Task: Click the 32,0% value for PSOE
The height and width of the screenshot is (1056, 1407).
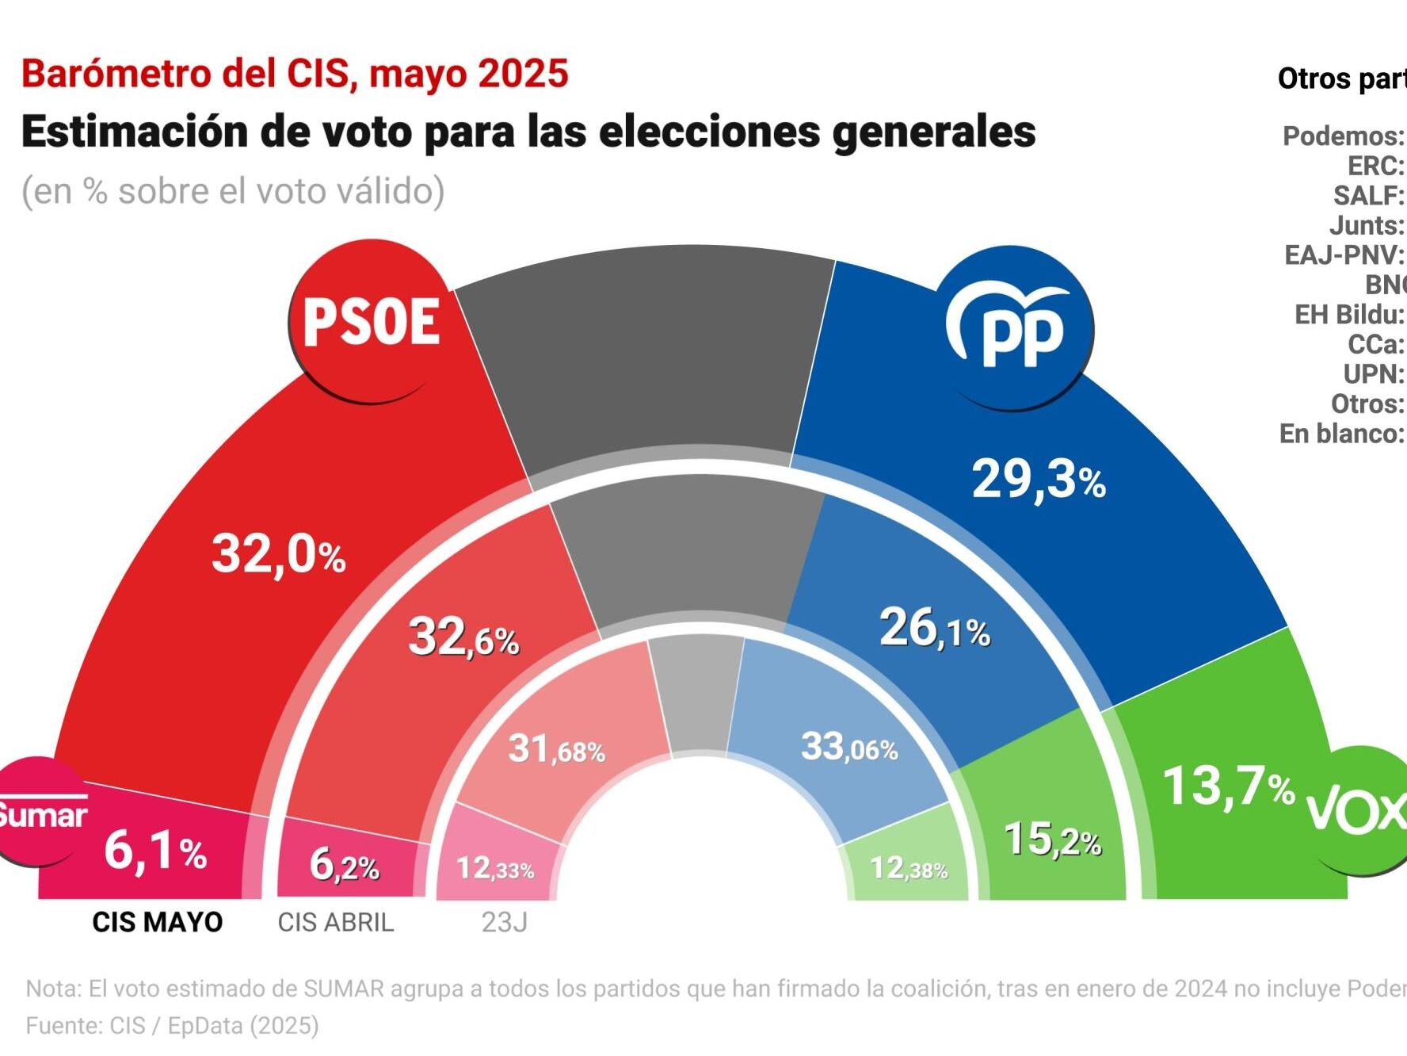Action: point(278,553)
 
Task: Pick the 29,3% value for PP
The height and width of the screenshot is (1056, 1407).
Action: point(1038,480)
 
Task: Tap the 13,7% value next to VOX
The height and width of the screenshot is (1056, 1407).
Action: point(1228,786)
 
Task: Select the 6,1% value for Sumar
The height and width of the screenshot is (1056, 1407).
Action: point(155,851)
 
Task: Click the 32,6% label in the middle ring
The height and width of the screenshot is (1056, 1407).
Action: point(463,637)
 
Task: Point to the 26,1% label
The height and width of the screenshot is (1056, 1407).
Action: point(935,629)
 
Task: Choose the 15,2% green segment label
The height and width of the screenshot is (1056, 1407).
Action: point(1052,840)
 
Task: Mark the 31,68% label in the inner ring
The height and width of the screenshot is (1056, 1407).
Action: point(556,749)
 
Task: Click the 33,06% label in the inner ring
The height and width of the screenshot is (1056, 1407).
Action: point(849,747)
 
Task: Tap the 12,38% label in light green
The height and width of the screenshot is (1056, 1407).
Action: point(909,869)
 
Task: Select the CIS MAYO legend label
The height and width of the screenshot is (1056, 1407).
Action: point(158,922)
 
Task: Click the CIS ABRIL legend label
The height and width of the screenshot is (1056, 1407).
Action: point(336,922)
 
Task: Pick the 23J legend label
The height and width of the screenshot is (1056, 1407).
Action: point(505,922)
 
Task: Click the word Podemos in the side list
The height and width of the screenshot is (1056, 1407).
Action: point(1340,136)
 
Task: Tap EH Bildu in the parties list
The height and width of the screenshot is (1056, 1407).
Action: point(1347,315)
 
